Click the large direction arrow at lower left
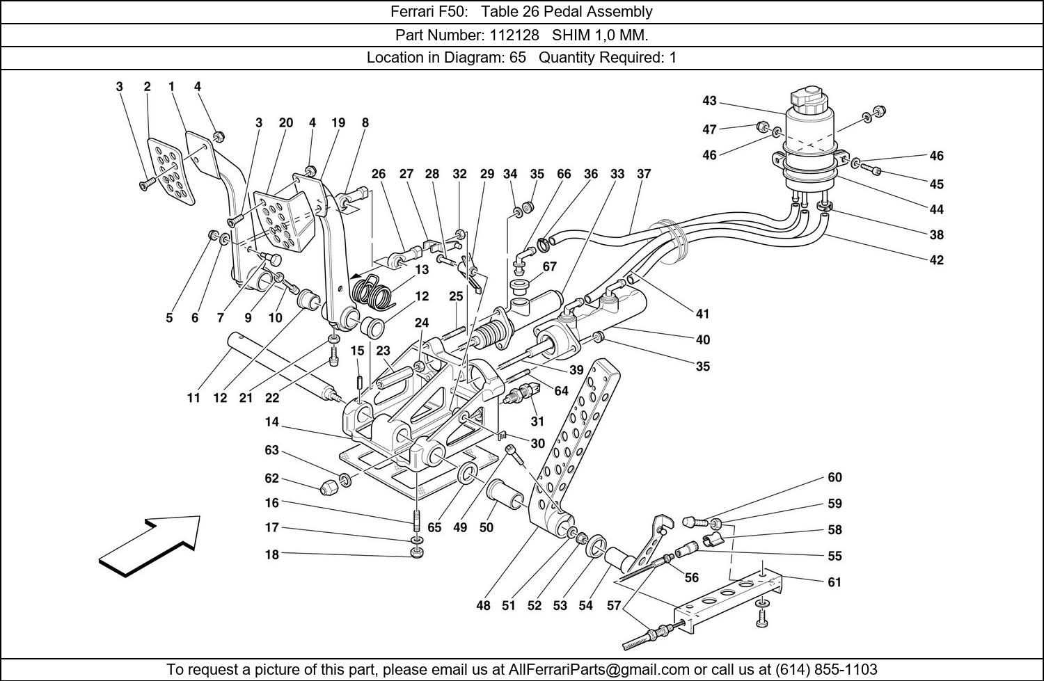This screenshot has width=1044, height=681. pos(150,546)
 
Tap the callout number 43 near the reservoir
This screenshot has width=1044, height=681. pos(709,101)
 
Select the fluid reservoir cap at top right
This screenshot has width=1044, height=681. pos(812,99)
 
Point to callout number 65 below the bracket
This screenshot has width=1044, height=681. pos(434,527)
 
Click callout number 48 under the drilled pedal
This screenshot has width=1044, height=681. pos(483,606)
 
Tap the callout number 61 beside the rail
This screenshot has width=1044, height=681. pos(835,582)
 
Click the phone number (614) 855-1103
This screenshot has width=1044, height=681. pos(825,669)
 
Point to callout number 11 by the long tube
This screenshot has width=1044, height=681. pos(193,398)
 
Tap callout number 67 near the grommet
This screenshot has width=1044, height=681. pos(549,266)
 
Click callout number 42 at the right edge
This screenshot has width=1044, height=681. pos(936,260)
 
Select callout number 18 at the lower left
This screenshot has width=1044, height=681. pos(271,554)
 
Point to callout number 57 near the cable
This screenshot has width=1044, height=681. pos(613,606)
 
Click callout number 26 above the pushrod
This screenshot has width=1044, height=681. pos(378,174)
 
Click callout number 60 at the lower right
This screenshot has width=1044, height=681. pos(835,477)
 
